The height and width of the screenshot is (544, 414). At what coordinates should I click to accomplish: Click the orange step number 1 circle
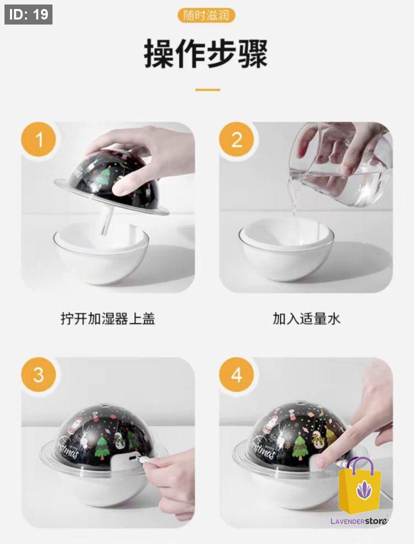pos(38,139)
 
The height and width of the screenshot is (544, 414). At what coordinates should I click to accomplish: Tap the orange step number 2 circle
pos(236,139)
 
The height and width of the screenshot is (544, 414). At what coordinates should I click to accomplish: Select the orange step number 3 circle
pos(38,375)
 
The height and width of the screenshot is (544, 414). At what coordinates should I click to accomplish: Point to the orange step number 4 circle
pos(236,375)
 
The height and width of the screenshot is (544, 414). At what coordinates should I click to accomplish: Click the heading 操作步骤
pos(206,54)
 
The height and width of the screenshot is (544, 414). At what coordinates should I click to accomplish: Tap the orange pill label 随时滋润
pos(206,16)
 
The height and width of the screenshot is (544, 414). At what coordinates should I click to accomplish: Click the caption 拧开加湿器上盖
pos(108,318)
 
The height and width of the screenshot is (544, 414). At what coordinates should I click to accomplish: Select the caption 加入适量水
pos(306,318)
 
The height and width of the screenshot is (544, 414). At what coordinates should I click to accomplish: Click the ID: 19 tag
pos(28,15)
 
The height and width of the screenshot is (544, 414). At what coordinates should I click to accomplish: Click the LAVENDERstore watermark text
pos(359,521)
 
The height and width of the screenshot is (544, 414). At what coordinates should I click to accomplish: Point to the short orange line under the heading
pos(207,90)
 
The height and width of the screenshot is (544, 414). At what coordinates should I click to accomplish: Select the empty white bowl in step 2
pos(286,249)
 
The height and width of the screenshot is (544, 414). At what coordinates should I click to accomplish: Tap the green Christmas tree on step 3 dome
pos(102,447)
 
